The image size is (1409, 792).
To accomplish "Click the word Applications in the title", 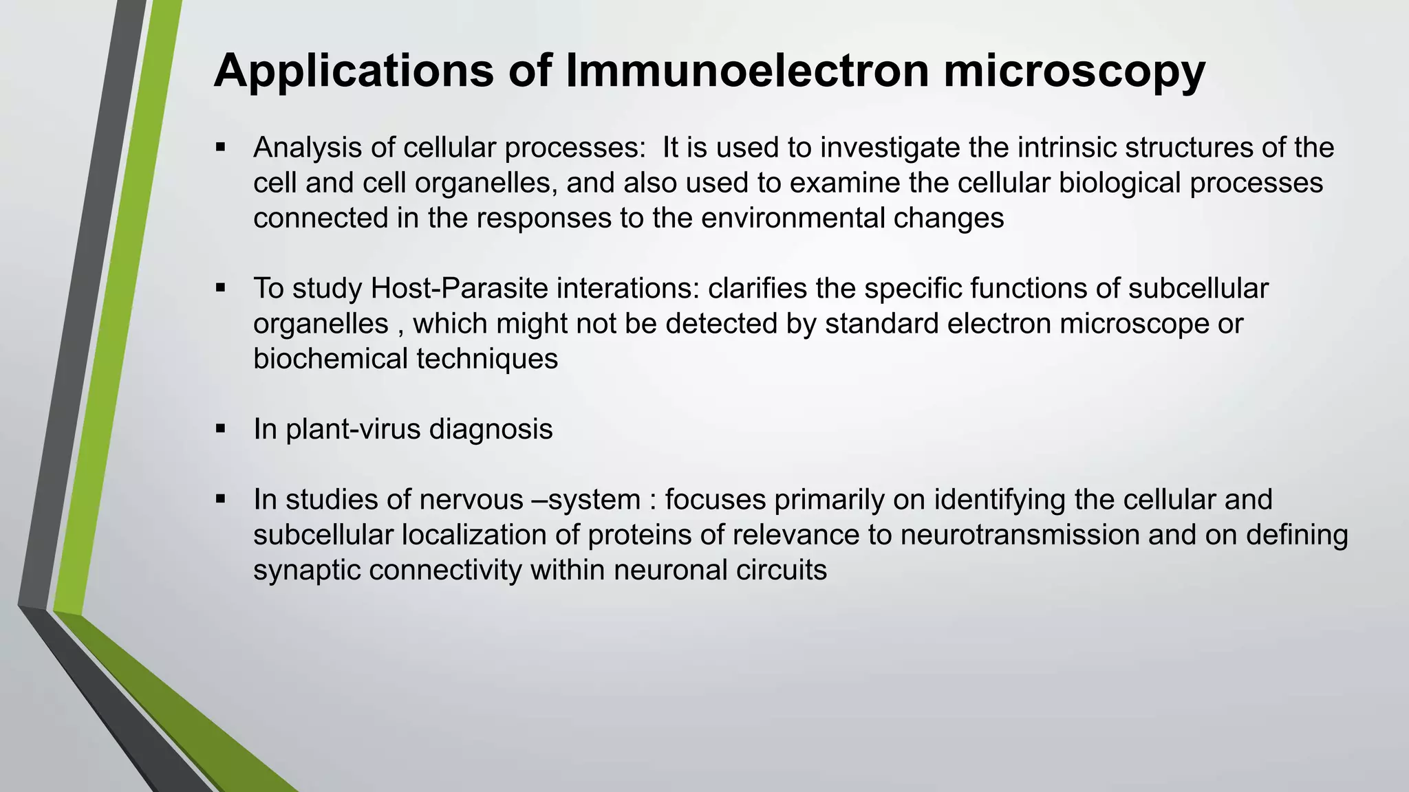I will click(354, 71).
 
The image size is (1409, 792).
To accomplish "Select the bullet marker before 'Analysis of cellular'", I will click(221, 146).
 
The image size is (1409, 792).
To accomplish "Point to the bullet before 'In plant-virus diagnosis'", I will click(221, 428).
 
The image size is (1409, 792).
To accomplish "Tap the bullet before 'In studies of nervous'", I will click(221, 498).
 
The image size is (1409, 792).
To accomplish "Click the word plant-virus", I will click(352, 429).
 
